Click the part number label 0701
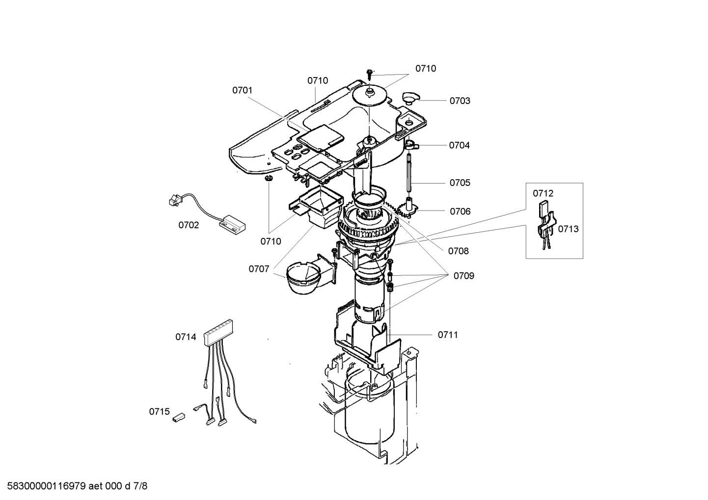[242, 90]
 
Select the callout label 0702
[189, 225]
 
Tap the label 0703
[460, 101]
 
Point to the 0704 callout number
[459, 145]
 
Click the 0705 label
[460, 183]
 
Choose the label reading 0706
[460, 211]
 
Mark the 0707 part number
[259, 269]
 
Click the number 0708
[458, 251]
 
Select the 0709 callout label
[463, 276]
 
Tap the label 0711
[448, 335]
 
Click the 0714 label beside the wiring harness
[186, 337]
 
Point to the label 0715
[159, 412]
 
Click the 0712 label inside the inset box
[543, 193]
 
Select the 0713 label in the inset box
[568, 229]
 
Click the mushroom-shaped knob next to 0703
[408, 96]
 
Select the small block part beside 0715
[178, 418]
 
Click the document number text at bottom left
[74, 487]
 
